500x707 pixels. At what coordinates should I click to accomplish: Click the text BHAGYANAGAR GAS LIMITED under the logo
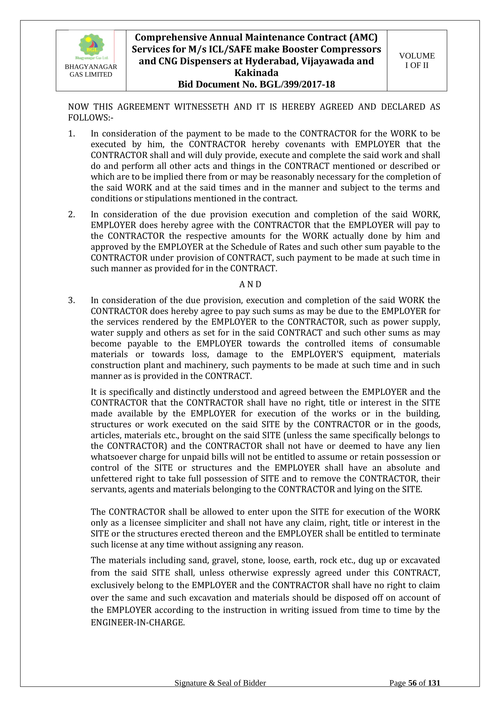[91, 71]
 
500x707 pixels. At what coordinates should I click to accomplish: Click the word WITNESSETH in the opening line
[201, 107]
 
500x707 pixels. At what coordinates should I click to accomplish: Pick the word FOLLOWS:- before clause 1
[90, 118]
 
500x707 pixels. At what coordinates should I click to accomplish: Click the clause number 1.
[71, 134]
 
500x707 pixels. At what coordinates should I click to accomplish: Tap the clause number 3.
[71, 300]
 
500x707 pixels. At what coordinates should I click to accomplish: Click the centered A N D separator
[250, 284]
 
